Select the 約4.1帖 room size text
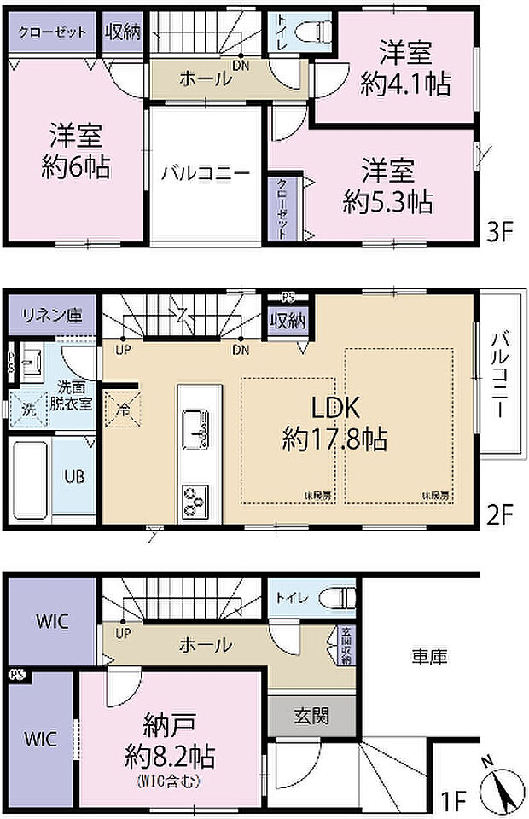click(x=405, y=84)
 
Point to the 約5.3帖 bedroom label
click(x=387, y=202)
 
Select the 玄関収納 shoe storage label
click(x=346, y=647)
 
